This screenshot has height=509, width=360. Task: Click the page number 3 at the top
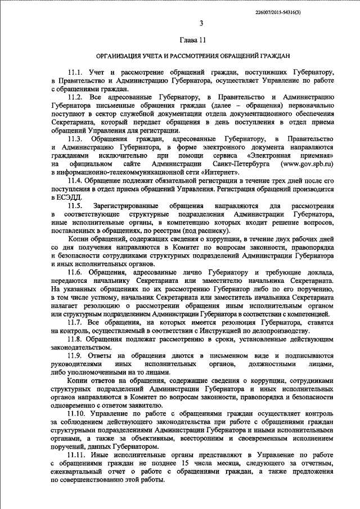click(x=201, y=24)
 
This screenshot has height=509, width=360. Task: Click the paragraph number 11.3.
click(x=75, y=138)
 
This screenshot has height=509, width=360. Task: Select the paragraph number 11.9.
click(x=75, y=356)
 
